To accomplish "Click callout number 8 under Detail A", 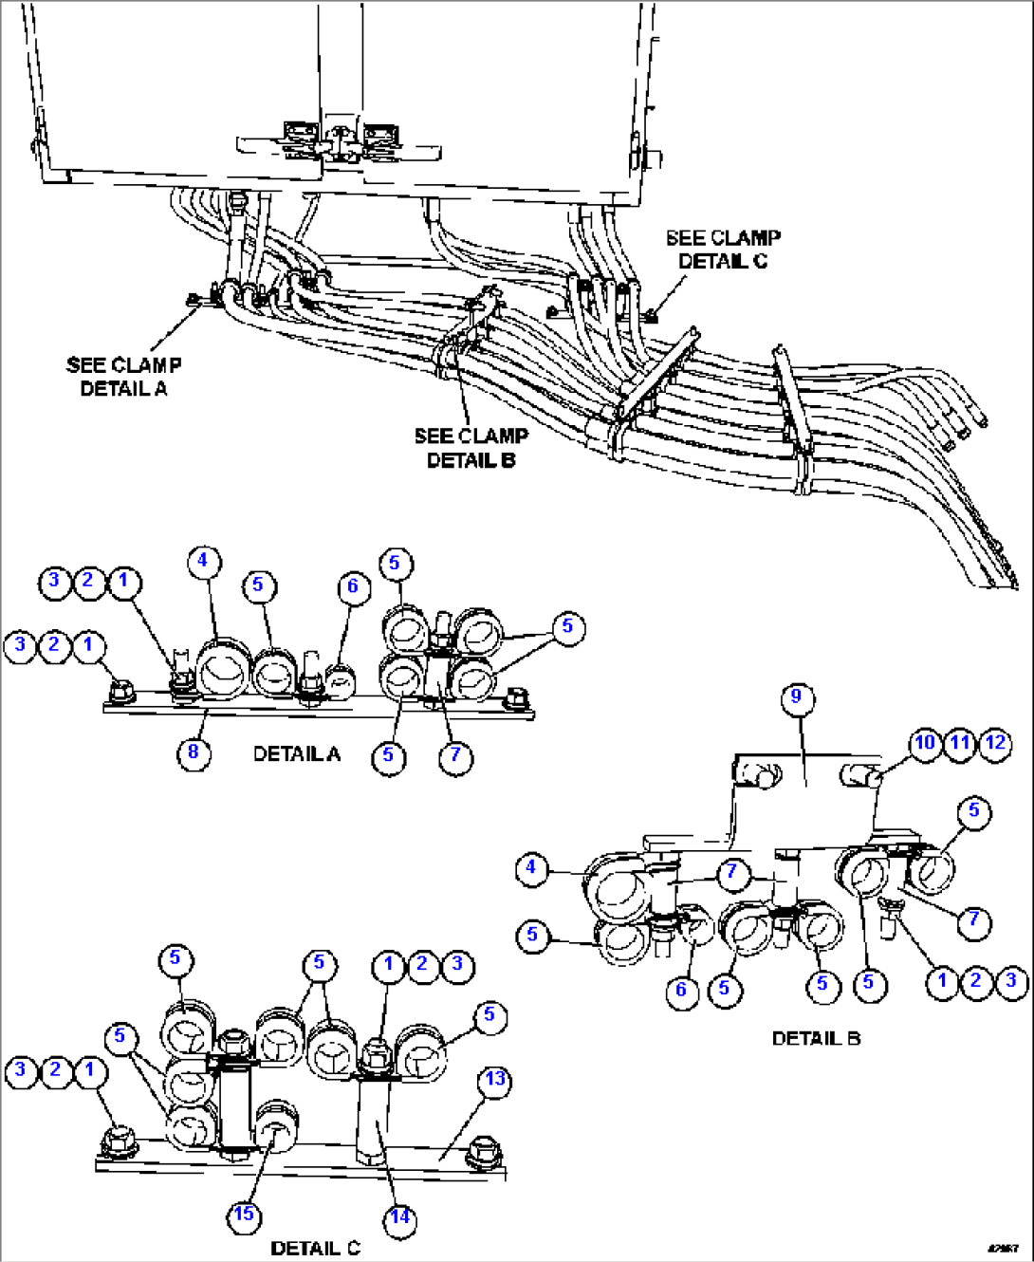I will (194, 752).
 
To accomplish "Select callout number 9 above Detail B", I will (797, 697).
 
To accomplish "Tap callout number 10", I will (925, 743).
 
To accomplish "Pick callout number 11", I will (960, 743).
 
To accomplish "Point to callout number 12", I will (995, 743).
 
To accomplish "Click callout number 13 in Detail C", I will (495, 1080).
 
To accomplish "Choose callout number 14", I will (400, 1216).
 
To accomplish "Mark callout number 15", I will (245, 1215).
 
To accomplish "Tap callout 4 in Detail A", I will (202, 561).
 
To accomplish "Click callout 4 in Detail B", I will (532, 867).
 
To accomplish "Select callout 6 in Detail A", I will (353, 586).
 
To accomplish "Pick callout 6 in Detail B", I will (681, 991).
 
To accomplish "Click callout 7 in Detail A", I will (455, 755).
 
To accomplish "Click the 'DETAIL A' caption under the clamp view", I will (296, 754).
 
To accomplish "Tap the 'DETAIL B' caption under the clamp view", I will (816, 1038).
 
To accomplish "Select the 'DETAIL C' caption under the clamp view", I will (315, 1248).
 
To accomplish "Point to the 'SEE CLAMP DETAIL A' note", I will (123, 377).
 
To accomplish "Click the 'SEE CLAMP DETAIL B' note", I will (471, 448).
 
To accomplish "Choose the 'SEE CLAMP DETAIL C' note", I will (723, 250).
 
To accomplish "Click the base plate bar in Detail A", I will (285, 706).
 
